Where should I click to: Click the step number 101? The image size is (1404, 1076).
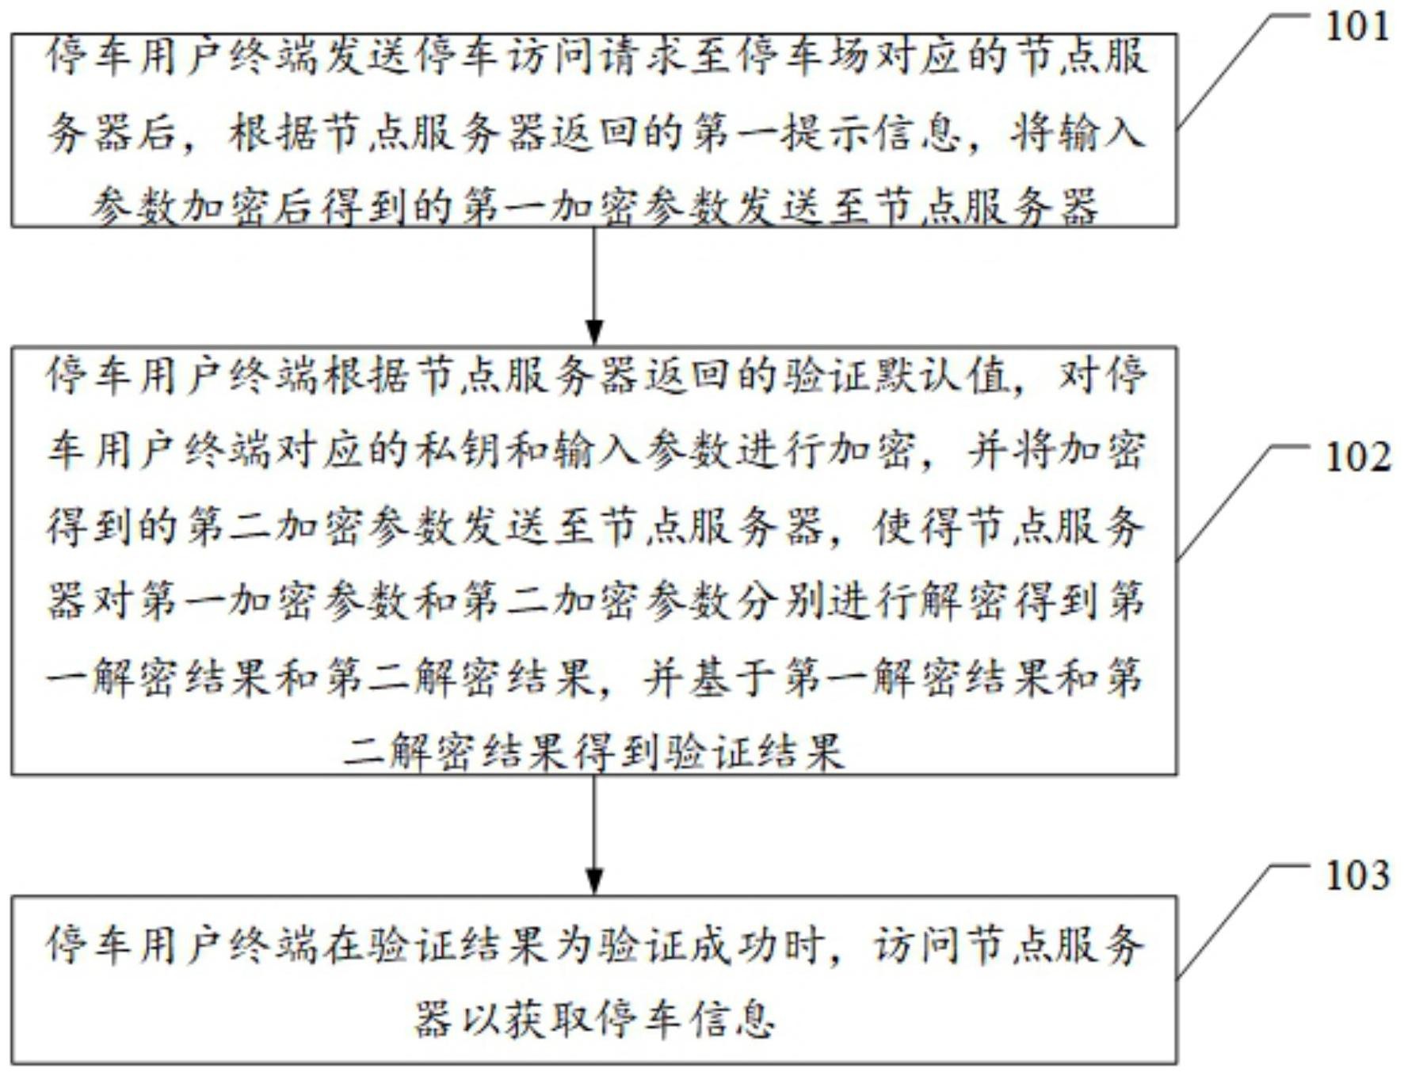(1356, 27)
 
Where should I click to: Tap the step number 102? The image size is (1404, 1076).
(1356, 458)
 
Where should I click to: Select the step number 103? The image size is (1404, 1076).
(1356, 876)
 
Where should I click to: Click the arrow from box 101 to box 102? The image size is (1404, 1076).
(594, 286)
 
